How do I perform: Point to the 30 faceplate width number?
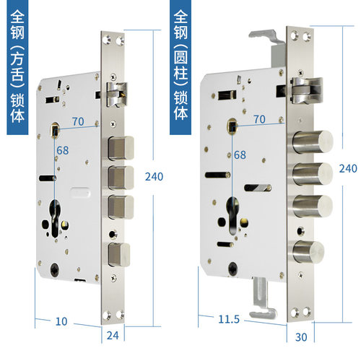pos(301,336)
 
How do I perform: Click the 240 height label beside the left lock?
pos(154,177)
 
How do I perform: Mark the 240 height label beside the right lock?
pos(348,168)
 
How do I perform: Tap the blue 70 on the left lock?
pos(77,121)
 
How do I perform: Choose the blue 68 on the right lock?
pos(240,155)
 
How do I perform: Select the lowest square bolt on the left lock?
pos(120,254)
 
